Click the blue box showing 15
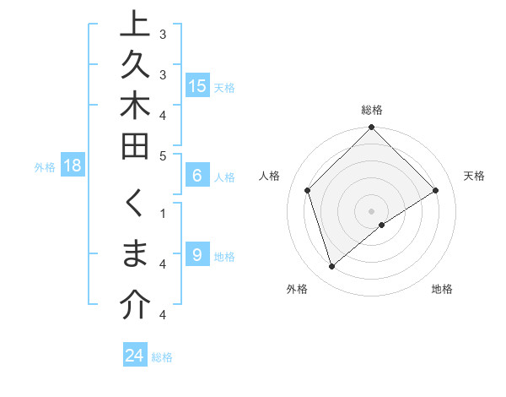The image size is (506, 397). point(197,85)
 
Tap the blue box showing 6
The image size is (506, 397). point(197,176)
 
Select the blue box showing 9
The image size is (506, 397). point(197,255)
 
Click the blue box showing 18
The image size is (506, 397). point(73,166)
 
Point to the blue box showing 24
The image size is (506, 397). point(134,356)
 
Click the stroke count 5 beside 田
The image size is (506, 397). point(163,155)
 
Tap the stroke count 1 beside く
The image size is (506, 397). point(163,213)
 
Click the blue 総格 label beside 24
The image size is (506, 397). point(162,357)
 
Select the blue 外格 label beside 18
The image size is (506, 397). point(45,167)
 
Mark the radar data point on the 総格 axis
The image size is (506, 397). point(371,128)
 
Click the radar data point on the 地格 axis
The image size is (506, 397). point(382,224)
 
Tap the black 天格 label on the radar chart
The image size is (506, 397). point(474,176)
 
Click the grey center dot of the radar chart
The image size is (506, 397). point(371,210)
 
